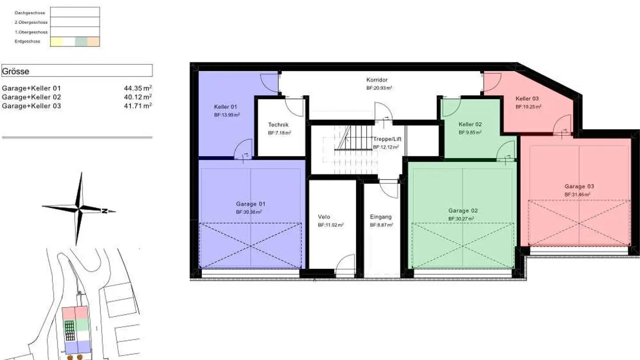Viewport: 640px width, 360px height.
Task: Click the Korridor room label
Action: (377, 80)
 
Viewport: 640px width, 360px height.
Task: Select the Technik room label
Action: (278, 125)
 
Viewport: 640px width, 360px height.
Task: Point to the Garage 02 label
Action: (463, 211)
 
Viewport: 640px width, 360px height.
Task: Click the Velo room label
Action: (324, 217)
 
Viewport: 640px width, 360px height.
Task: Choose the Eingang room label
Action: (381, 217)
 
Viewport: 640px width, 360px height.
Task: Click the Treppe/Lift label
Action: (387, 139)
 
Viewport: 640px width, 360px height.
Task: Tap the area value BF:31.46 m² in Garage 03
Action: (577, 195)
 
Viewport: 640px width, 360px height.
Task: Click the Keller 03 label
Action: (527, 99)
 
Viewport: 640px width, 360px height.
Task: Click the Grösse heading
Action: (16, 71)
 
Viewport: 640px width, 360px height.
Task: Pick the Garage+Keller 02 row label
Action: (32, 97)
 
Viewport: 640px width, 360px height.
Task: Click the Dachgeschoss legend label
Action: (30, 13)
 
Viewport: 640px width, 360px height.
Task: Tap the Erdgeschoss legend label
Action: (27, 41)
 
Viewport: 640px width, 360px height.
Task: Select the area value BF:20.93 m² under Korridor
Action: (379, 88)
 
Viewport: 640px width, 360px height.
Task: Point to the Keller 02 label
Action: (470, 124)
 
